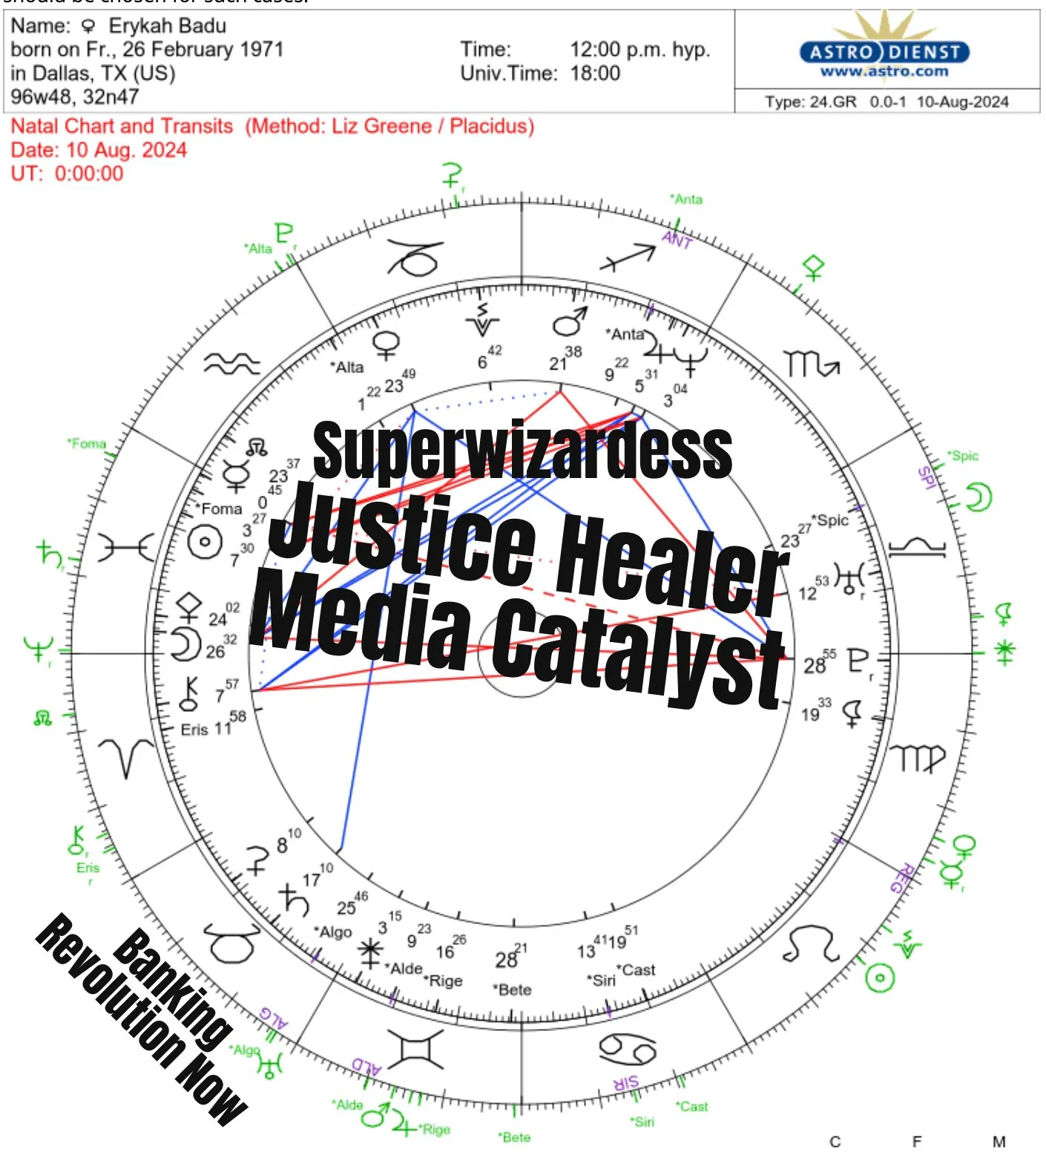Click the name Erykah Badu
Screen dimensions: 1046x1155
[x=167, y=26]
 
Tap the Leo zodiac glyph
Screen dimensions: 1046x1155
[x=811, y=943]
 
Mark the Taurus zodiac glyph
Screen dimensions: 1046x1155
[x=231, y=943]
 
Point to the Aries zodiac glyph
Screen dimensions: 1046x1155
[x=126, y=757]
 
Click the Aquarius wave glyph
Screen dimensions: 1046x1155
[x=232, y=364]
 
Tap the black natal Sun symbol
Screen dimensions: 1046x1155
[x=205, y=542]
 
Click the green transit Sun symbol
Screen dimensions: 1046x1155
[x=880, y=978]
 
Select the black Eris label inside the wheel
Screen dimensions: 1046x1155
[x=194, y=730]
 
